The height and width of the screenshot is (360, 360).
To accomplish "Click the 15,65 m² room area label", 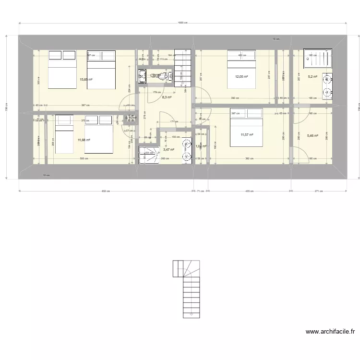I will tap(86, 79).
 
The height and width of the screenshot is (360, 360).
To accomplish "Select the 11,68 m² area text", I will tap(84, 140).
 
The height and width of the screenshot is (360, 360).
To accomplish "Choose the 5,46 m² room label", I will tap(312, 136).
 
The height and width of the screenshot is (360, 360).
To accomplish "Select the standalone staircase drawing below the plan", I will tap(187, 289).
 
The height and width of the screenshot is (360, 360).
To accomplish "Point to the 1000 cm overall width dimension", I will tap(182, 23).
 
